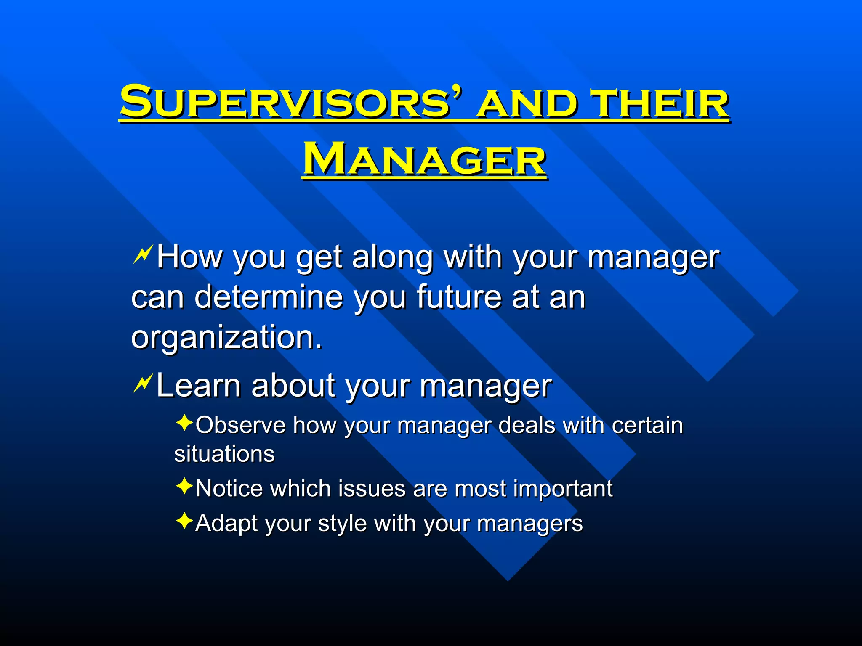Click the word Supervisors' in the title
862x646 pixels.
pos(290,102)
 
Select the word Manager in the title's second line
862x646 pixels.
pos(424,160)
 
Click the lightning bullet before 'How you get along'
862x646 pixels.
pos(142,256)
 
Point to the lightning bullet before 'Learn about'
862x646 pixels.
pos(142,384)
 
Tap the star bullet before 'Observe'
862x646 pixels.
pos(184,423)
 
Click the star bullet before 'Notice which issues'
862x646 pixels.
pos(184,487)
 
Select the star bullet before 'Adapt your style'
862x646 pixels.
pos(184,521)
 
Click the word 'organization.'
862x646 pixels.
pos(226,337)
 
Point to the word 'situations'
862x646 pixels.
pos(224,454)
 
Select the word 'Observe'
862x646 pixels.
pos(240,425)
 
